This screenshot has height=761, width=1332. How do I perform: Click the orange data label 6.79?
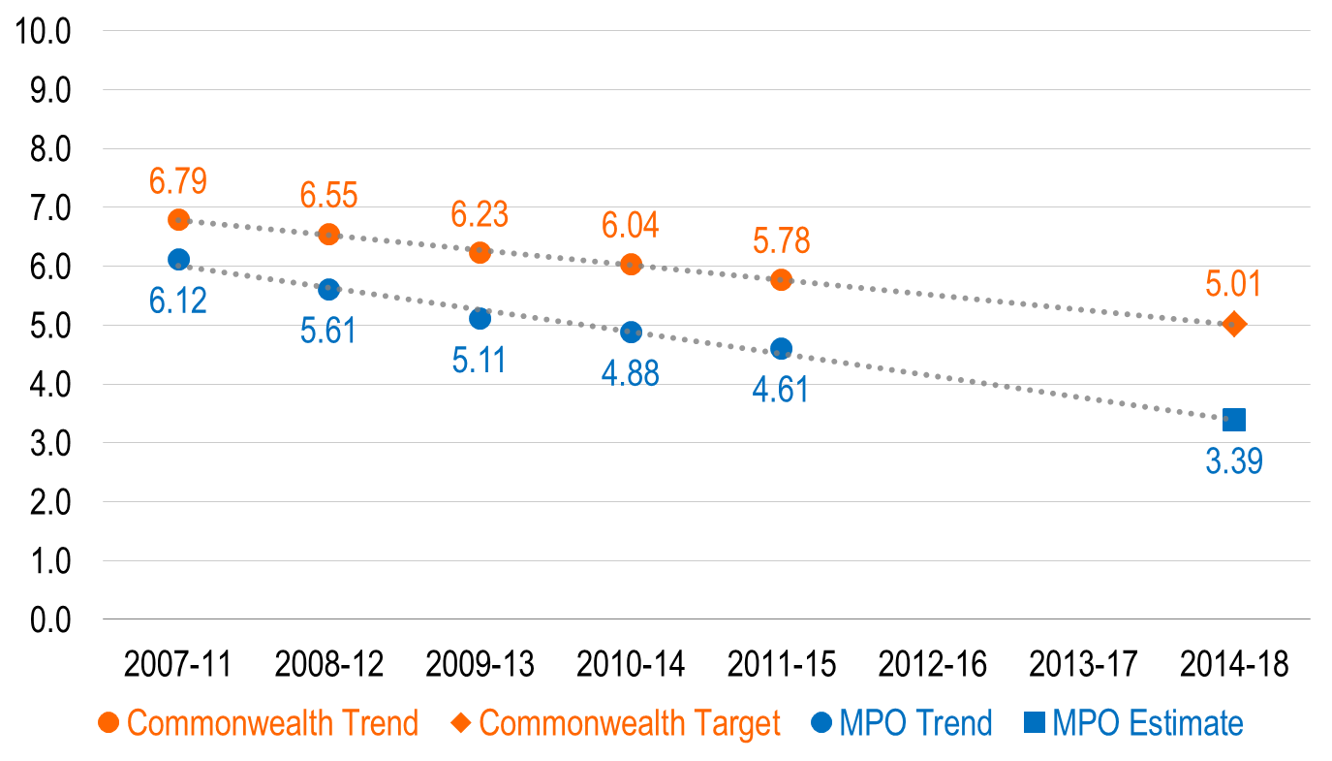click(x=178, y=181)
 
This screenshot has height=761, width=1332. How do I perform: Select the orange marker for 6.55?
click(x=329, y=234)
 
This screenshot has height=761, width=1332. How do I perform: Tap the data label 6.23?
click(x=480, y=214)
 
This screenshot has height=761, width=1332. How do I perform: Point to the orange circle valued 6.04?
click(x=631, y=264)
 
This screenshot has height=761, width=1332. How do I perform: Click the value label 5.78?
click(x=781, y=241)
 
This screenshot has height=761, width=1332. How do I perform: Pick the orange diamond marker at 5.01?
click(x=1233, y=324)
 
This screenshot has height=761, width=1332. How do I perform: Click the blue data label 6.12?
click(x=178, y=301)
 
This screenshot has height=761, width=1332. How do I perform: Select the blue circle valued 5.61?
click(x=329, y=289)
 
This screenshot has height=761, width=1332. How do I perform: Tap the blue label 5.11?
click(x=480, y=360)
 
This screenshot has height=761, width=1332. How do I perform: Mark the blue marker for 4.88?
click(x=631, y=333)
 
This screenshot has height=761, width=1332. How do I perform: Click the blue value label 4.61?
click(x=781, y=390)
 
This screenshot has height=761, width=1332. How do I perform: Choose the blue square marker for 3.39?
click(x=1233, y=420)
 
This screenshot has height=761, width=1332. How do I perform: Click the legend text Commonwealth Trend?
click(x=272, y=723)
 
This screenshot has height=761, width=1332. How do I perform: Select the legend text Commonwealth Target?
click(x=630, y=723)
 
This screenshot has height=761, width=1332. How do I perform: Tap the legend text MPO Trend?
click(x=915, y=723)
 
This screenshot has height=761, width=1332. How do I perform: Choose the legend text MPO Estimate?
click(x=1147, y=723)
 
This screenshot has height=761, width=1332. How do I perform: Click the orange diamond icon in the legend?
click(x=460, y=722)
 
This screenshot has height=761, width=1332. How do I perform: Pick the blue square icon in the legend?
click(x=1034, y=722)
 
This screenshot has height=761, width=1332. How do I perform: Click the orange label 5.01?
click(x=1233, y=285)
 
